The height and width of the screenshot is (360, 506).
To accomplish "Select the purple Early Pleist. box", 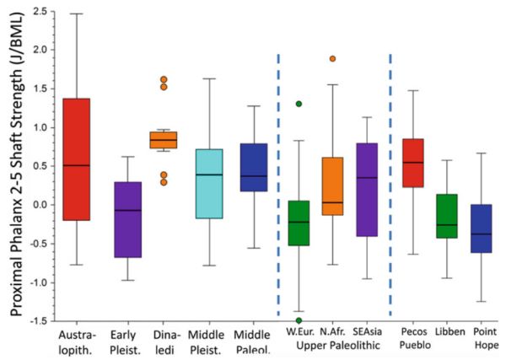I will (127, 219).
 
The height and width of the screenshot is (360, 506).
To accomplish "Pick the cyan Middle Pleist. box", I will (222, 183).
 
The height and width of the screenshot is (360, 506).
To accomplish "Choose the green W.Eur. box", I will (299, 223).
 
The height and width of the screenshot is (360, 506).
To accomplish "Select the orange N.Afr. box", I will (332, 185).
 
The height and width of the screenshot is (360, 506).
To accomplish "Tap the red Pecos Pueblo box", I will (412, 163).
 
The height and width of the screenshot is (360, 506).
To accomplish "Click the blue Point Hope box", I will (482, 228).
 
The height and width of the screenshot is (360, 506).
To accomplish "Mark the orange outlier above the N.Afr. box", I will (333, 59).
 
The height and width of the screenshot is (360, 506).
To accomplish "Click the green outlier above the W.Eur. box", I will (299, 104).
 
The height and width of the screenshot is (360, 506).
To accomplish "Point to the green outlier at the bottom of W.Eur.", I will (299, 320).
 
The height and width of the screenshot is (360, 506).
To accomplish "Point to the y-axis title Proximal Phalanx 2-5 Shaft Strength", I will (13, 169).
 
